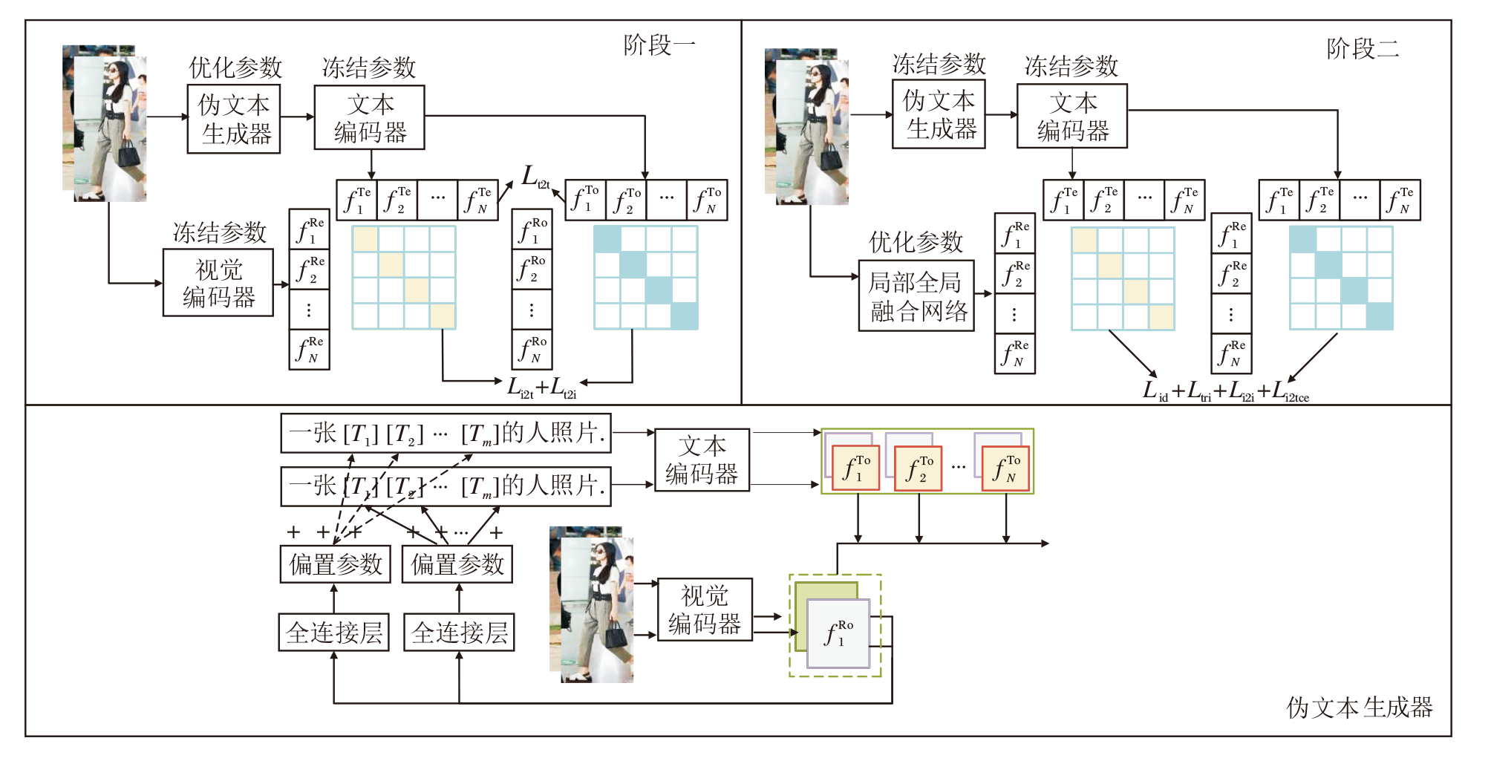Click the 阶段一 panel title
659,45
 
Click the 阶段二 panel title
1362,49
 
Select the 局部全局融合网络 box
916,295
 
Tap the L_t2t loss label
534,177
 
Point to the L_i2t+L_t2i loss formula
541,387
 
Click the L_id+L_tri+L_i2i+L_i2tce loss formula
1224,391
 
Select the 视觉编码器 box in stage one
218,283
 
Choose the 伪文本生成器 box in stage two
939,114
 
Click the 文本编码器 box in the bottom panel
702,460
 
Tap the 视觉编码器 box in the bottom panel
705,610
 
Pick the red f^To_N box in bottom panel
1005,468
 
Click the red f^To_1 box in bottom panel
855,468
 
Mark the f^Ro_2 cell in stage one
532,270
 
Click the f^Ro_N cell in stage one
532,350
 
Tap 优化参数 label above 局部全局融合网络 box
916,242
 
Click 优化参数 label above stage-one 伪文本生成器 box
235,68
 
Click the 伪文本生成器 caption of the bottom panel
1359,708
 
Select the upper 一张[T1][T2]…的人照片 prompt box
446,433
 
